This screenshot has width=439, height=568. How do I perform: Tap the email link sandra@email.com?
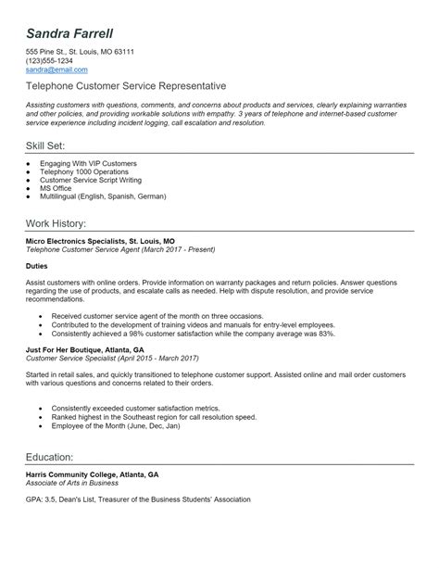click(56, 69)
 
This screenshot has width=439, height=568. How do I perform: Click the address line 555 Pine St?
click(80, 52)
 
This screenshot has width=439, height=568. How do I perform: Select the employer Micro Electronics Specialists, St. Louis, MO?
click(100, 240)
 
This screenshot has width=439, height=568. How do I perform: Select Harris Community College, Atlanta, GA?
click(92, 473)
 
